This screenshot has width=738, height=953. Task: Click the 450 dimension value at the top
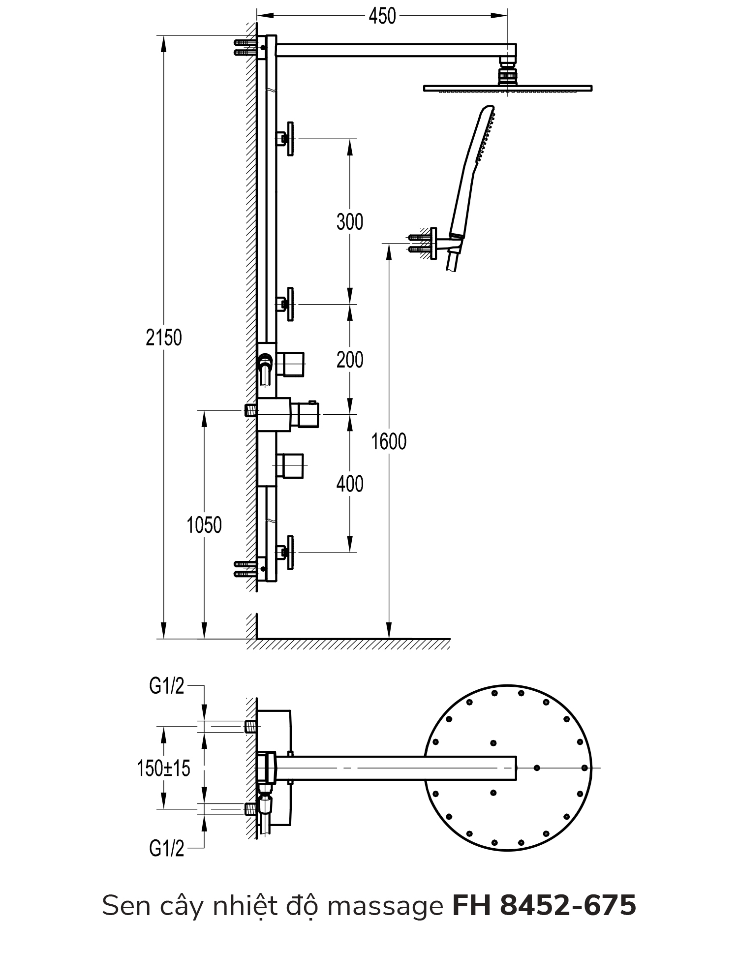(x=382, y=16)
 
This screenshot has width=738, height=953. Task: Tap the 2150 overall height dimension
(x=164, y=338)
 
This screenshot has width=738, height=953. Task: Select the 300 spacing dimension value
(x=350, y=222)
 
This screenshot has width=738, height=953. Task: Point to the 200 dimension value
(x=350, y=360)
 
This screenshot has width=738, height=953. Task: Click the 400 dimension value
(x=350, y=484)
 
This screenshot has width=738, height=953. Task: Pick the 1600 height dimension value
(x=389, y=441)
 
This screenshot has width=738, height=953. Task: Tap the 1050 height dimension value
(x=204, y=525)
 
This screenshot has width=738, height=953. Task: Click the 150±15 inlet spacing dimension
(x=164, y=768)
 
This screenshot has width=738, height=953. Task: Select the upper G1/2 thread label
(x=167, y=686)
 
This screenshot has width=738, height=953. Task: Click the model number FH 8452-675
(x=544, y=905)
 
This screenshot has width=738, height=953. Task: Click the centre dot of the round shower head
(x=537, y=768)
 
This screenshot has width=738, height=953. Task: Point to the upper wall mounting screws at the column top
(x=244, y=47)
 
